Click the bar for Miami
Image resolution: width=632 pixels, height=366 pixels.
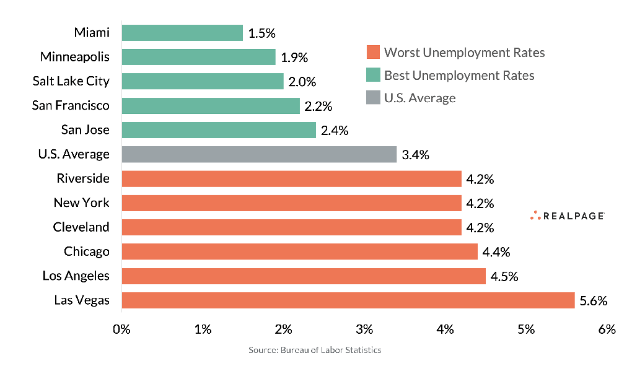point(182,33)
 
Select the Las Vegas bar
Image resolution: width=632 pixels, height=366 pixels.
point(348,300)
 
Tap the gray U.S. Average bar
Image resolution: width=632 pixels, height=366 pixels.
point(259,154)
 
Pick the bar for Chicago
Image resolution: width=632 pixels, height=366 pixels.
point(300,251)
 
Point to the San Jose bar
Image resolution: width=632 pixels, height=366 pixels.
point(219,130)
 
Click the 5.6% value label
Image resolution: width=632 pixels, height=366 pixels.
point(593,301)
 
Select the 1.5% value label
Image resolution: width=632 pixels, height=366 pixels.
point(261,33)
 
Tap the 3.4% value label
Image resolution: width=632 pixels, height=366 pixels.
point(415,155)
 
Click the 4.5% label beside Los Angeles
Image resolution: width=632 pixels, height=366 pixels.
point(504,276)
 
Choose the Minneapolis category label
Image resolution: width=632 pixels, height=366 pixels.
point(74,57)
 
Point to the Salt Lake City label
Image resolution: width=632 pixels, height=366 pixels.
point(71,81)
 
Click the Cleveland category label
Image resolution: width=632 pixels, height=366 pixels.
point(81,227)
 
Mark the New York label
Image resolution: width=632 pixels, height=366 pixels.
point(81,203)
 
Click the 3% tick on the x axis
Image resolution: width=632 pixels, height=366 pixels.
point(364,329)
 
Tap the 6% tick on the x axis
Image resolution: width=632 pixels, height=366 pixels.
point(607,329)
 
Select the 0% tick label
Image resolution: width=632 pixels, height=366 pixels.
point(121,329)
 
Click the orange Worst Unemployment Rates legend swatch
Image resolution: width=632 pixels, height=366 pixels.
point(372,52)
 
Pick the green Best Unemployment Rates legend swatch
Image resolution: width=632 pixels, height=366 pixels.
point(372,76)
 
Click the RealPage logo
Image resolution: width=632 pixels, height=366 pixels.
point(568,216)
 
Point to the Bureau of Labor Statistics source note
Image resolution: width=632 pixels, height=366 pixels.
point(315,350)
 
